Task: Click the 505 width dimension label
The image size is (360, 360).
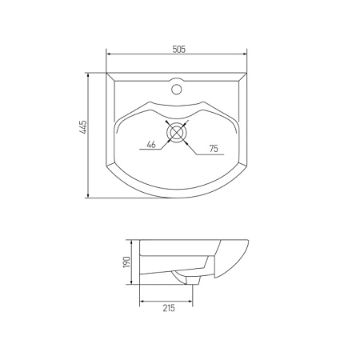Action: (178, 50)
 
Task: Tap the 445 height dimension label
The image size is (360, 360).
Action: (84, 127)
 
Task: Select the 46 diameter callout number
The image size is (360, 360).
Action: (151, 145)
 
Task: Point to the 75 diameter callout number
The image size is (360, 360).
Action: (214, 149)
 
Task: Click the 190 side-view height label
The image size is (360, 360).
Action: (126, 262)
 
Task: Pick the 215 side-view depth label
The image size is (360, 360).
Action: (169, 308)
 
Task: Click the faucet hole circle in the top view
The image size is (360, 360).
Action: (176, 89)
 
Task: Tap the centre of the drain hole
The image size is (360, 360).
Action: (176, 132)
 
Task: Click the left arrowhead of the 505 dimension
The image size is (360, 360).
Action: (109, 54)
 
